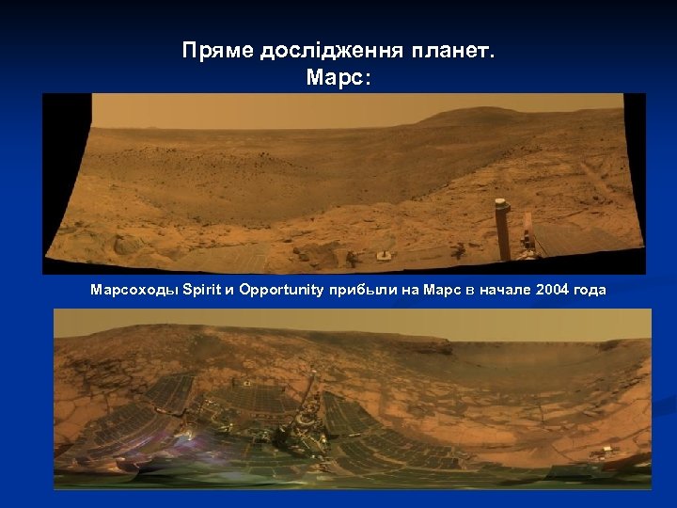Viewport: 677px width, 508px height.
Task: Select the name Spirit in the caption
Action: coord(199,291)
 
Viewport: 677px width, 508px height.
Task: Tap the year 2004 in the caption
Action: coord(552,291)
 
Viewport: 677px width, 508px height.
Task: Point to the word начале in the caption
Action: coord(503,291)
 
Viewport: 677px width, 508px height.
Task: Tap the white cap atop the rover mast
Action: coord(502,203)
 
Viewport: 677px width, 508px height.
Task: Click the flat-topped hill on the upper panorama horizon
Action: coord(489,117)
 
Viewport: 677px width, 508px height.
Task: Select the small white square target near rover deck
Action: coord(383,255)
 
